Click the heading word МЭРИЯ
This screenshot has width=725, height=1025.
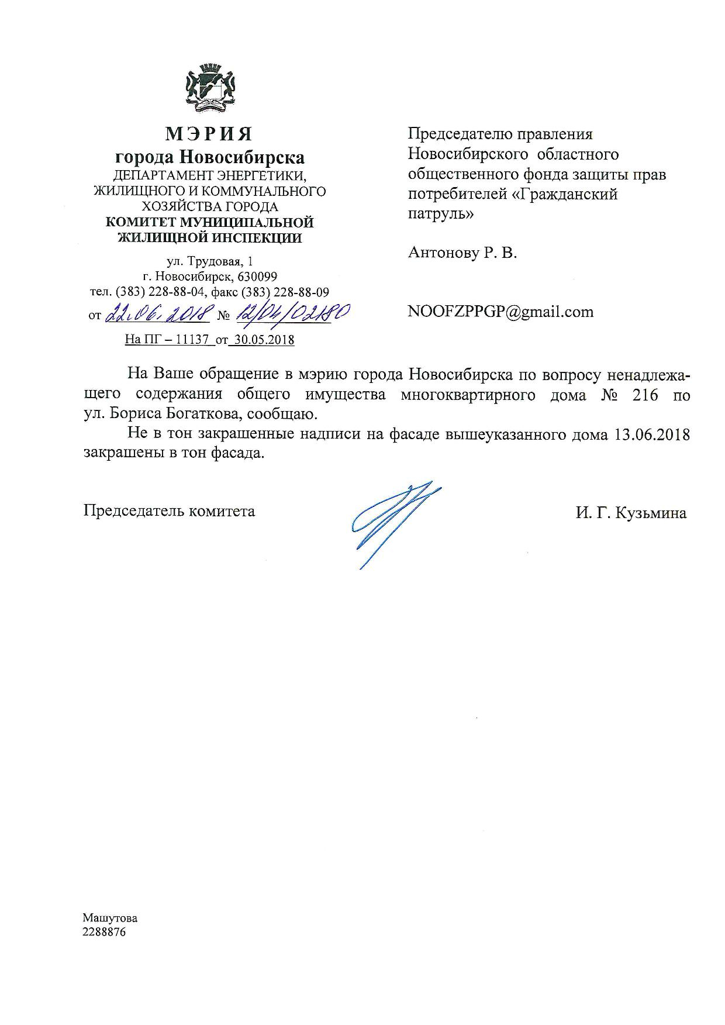(x=209, y=134)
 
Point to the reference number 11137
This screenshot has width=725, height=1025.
(x=192, y=340)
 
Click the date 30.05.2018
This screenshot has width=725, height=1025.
(x=263, y=340)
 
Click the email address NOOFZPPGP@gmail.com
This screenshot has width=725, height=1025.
(x=500, y=312)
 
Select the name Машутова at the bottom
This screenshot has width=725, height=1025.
(x=110, y=918)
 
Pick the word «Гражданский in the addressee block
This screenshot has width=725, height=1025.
(x=565, y=194)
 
